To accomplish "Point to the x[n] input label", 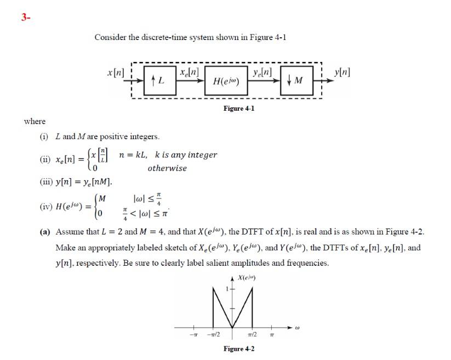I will [116, 72].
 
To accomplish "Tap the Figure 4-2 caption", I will [238, 349].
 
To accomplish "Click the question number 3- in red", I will [25, 17].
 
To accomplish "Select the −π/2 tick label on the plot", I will [213, 335].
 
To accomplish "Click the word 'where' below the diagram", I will [35, 121].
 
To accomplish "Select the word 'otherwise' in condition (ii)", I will [167, 168].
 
